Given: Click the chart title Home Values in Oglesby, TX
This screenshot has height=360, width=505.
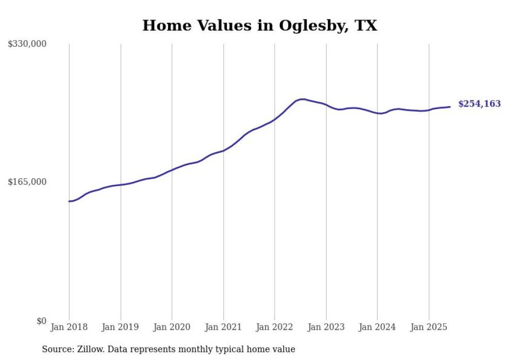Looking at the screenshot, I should (260, 25).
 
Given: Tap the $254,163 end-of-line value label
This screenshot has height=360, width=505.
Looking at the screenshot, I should (479, 104).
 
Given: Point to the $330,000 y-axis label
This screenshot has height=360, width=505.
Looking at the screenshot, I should (27, 44).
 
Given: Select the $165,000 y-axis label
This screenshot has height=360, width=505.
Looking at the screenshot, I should (27, 182).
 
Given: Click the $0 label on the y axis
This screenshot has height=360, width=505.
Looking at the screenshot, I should (41, 321).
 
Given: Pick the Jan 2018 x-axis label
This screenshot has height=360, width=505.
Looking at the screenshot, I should (69, 327).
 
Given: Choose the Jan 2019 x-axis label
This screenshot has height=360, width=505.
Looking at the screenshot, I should (121, 327).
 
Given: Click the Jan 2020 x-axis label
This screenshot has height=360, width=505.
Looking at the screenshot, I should (172, 327).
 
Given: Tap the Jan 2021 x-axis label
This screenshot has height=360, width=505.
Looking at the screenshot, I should (223, 327).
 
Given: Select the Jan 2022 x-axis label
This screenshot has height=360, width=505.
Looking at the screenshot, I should (275, 327).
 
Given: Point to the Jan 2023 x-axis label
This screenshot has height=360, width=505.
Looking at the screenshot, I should (326, 327).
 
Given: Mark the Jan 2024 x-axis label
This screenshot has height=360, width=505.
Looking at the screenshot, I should (377, 327).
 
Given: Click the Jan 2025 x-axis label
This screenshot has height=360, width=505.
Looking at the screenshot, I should (429, 327).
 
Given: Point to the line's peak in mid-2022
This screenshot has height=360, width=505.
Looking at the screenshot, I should (302, 99).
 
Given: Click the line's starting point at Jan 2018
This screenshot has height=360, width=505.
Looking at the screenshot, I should (69, 201).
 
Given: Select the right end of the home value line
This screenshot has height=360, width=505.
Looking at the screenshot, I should (450, 107).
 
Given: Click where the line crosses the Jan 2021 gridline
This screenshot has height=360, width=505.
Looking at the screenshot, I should (223, 150).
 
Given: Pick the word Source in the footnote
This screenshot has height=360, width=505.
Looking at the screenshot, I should (56, 349).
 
